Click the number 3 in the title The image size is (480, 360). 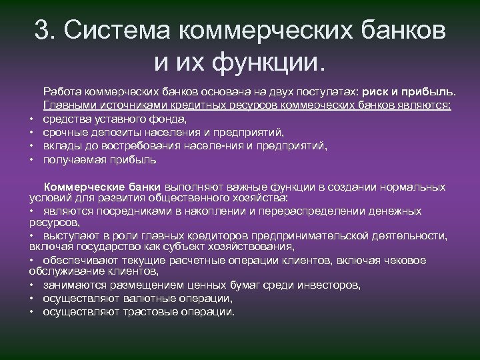41,32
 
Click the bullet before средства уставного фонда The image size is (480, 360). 32,120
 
